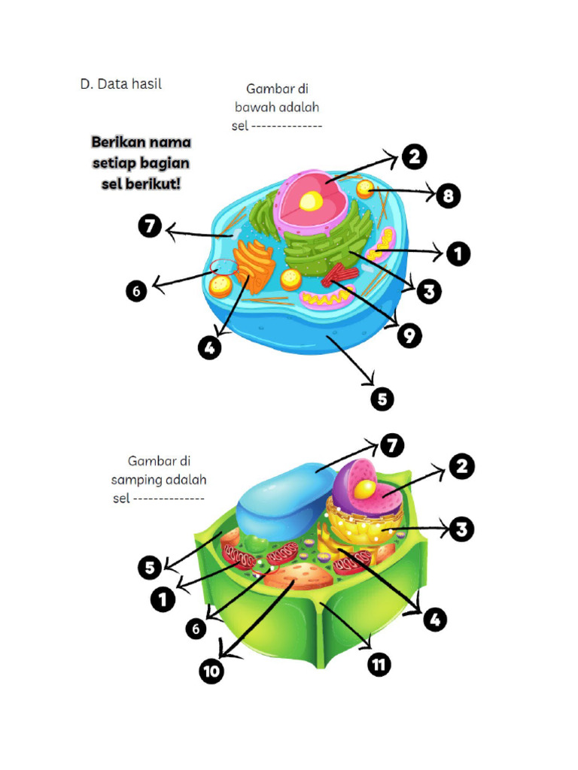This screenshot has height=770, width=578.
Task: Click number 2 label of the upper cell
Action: (x=415, y=157)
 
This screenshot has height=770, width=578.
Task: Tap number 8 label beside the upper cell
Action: (x=448, y=196)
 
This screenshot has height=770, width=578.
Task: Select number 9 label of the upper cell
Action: (x=409, y=336)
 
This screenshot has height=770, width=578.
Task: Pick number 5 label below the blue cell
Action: (x=382, y=399)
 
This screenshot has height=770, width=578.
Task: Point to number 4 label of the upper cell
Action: (x=209, y=347)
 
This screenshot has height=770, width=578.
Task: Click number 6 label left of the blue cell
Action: (x=136, y=291)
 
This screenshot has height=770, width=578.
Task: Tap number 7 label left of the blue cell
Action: (x=150, y=226)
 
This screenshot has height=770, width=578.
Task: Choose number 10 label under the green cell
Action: (x=211, y=671)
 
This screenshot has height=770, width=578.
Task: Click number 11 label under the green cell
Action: (x=379, y=665)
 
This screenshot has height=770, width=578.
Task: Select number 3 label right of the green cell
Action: (x=461, y=529)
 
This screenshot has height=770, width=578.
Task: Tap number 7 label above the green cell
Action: (x=391, y=445)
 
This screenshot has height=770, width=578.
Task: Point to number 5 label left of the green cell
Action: (x=150, y=568)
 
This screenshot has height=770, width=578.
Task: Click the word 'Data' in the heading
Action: (x=113, y=84)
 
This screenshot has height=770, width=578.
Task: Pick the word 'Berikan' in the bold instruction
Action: (x=120, y=142)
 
